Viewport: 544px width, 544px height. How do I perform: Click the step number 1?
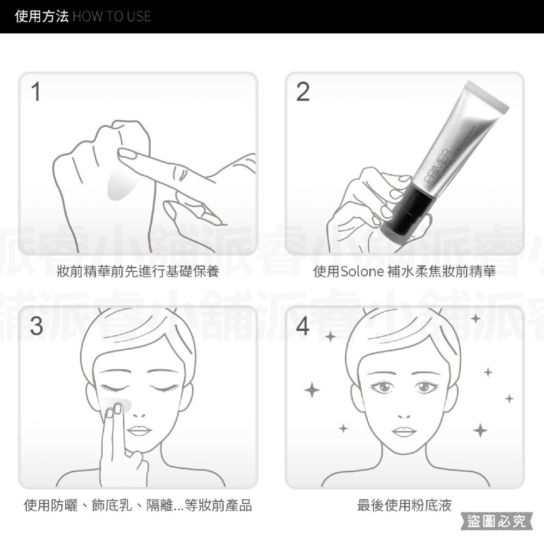pyautogui.click(x=36, y=92)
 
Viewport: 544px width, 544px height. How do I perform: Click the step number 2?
pyautogui.click(x=303, y=92)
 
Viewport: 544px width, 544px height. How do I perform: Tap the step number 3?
pyautogui.click(x=36, y=325)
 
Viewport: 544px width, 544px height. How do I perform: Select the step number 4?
pyautogui.click(x=303, y=325)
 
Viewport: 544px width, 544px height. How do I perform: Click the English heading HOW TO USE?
pyautogui.click(x=112, y=16)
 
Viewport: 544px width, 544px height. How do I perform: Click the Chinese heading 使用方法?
pyautogui.click(x=42, y=16)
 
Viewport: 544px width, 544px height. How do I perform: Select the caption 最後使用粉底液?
pyautogui.click(x=404, y=505)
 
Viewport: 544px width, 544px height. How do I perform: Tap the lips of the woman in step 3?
pyautogui.click(x=140, y=431)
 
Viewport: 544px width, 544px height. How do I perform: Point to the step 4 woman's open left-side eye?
pyautogui.click(x=381, y=387)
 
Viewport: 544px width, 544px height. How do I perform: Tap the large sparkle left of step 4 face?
pyautogui.click(x=311, y=390)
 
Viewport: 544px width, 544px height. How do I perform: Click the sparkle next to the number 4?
pyautogui.click(x=330, y=337)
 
